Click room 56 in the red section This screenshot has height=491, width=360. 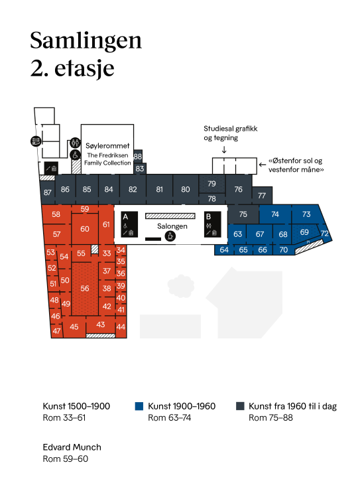[84, 289]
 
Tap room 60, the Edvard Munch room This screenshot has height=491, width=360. [85, 229]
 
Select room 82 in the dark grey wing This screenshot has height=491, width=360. [133, 190]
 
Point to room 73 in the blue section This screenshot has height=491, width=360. [306, 214]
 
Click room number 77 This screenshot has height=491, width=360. [262, 196]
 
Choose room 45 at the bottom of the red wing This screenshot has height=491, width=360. [74, 327]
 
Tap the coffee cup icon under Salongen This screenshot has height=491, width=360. [170, 236]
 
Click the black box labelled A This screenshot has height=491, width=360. [129, 224]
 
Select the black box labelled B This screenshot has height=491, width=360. [212, 224]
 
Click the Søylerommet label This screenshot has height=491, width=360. [107, 145]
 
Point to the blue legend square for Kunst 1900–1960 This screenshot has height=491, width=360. [139, 406]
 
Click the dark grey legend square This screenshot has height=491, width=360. [240, 406]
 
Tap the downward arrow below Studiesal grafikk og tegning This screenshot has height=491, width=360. [224, 150]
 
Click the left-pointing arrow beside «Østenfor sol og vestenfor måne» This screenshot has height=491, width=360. [263, 165]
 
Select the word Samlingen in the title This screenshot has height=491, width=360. [86, 41]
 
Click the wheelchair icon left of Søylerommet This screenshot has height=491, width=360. [76, 155]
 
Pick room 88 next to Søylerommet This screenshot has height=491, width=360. [138, 156]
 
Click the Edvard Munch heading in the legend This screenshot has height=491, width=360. [72, 447]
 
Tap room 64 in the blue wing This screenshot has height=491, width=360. [224, 250]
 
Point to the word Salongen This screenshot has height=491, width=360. [172, 226]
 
